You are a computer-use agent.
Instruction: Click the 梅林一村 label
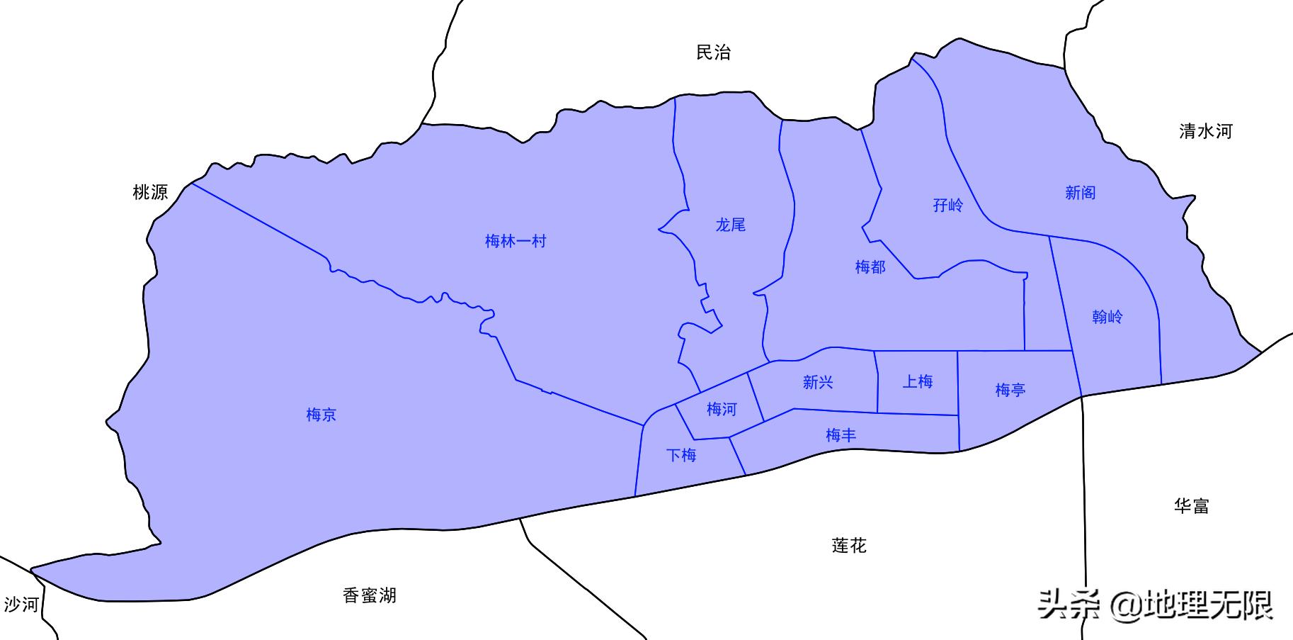point(516,241)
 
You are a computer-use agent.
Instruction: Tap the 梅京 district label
point(321,415)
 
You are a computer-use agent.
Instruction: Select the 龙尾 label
point(730,225)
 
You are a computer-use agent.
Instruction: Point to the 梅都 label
point(870,267)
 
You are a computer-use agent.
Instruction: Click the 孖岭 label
point(947,206)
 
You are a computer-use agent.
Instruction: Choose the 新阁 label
point(1080,193)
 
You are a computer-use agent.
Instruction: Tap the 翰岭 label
point(1107,317)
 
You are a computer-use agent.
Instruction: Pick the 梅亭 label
point(1010,390)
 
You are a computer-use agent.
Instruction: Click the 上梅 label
point(917,382)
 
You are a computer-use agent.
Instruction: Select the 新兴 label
point(817,383)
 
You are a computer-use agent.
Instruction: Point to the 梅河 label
point(722,409)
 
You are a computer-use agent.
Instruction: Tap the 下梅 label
point(681,455)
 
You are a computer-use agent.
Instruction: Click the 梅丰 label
point(841,435)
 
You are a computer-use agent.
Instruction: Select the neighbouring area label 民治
point(713,52)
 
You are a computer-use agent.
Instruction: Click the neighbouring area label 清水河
point(1205,131)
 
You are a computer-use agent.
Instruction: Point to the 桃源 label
point(150,192)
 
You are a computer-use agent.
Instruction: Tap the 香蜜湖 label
point(369,595)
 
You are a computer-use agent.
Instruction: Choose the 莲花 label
point(848,546)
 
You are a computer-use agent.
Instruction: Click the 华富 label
point(1191,506)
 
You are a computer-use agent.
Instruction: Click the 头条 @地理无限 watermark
point(1155,605)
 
